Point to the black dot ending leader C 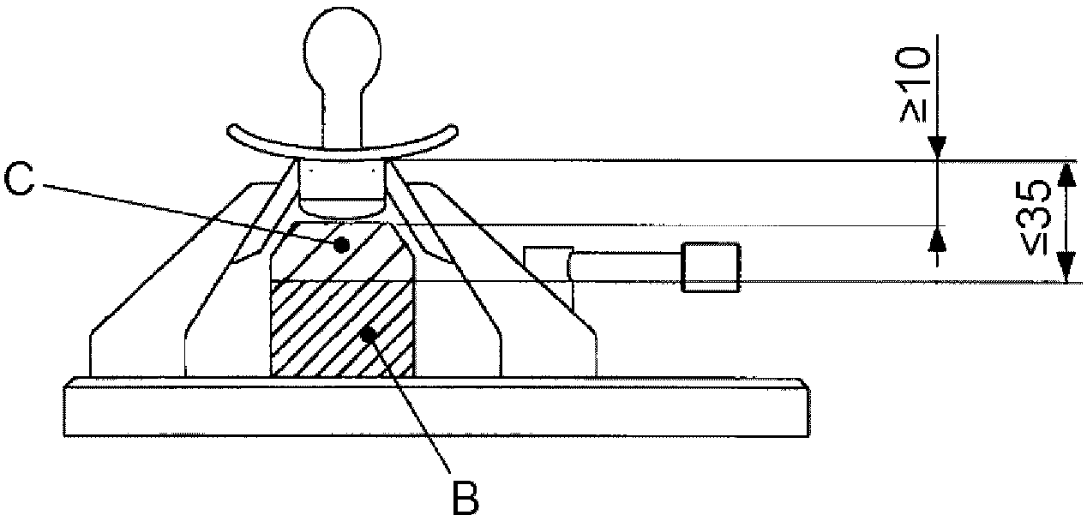[x=342, y=245]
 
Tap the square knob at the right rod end [x=710, y=266]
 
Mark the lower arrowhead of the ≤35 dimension [x=1066, y=271]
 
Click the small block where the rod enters [x=547, y=261]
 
